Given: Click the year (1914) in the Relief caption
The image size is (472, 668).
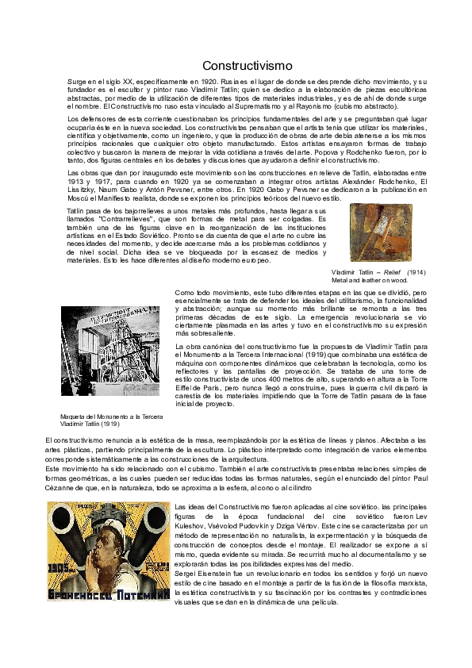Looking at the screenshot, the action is click(x=415, y=272).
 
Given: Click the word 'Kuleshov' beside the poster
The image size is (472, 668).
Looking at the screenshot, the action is click(x=190, y=525).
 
